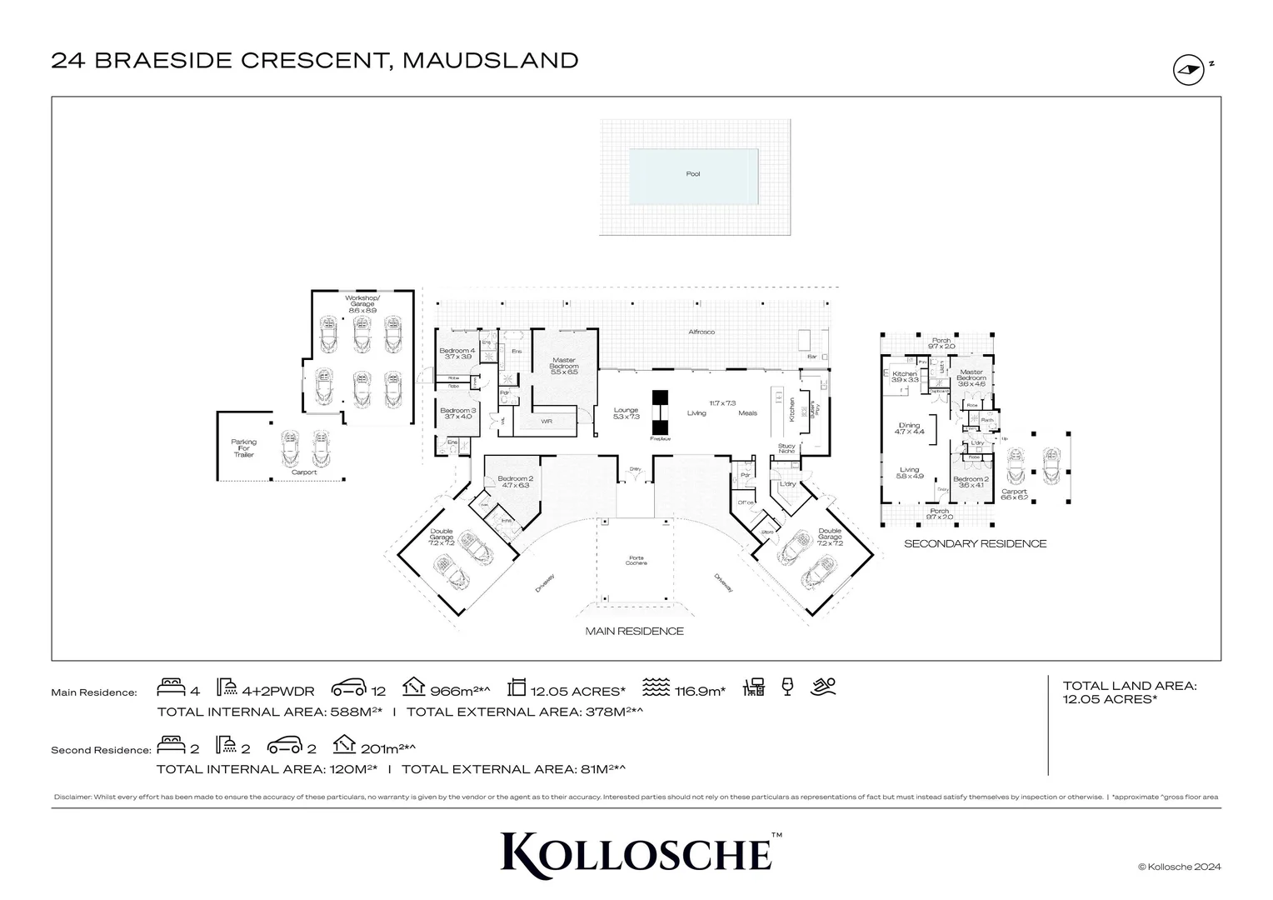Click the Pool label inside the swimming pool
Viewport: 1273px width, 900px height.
click(692, 174)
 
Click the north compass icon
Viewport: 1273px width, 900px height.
click(1189, 70)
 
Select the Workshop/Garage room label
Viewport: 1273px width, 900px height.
click(362, 302)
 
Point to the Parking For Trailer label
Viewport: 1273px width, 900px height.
click(243, 448)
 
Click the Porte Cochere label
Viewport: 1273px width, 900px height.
click(636, 560)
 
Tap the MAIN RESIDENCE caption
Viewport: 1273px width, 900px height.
click(634, 631)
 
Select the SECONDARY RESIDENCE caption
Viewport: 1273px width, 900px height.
click(975, 543)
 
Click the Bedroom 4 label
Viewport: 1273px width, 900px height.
click(457, 353)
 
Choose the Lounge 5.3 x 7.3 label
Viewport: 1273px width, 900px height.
click(626, 412)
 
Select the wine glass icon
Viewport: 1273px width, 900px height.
click(787, 687)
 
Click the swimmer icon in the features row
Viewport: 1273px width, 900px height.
click(823, 687)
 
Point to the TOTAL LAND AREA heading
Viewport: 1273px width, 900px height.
click(1129, 686)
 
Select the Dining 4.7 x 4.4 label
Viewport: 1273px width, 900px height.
click(910, 428)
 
